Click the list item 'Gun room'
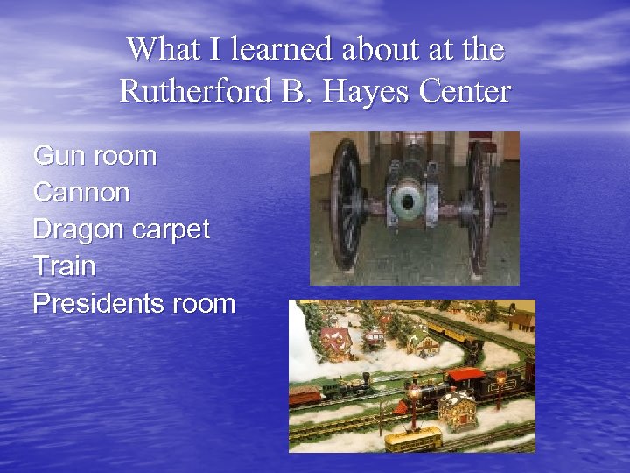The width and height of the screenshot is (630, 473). coord(94,156)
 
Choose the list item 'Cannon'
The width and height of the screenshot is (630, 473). coord(81,193)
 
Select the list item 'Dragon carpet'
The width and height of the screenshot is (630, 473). coord(121,229)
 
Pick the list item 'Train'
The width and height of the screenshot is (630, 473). coord(64,266)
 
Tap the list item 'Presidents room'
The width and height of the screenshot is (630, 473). coord(134,303)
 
